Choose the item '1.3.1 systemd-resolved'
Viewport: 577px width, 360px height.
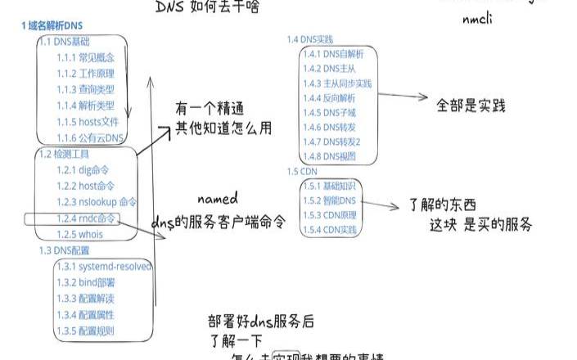[x=104, y=267]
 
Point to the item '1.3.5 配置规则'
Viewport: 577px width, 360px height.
[x=85, y=331]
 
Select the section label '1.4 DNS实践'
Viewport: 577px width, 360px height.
[x=310, y=39]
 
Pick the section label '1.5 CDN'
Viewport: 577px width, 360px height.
[x=302, y=171]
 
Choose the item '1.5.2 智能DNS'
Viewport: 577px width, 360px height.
[x=330, y=200]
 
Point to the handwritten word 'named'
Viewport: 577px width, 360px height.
[x=218, y=199]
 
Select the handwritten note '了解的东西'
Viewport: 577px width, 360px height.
[x=442, y=205]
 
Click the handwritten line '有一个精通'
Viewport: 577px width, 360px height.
[x=212, y=108]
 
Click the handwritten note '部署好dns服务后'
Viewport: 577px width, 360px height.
[x=261, y=321]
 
